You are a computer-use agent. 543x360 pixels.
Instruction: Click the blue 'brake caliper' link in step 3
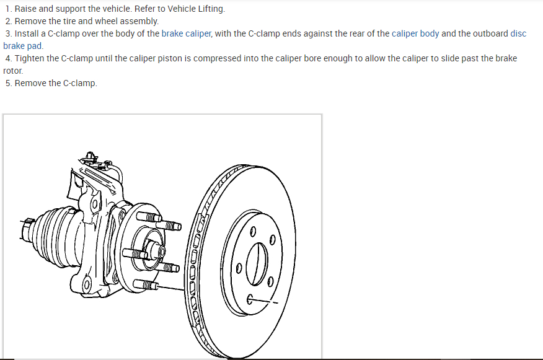pos(187,33)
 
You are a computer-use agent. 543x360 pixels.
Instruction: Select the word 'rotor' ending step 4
pos(12,71)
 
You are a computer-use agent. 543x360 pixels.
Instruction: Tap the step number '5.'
pos(8,83)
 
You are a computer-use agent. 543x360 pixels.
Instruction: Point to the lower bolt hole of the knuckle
pos(87,284)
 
